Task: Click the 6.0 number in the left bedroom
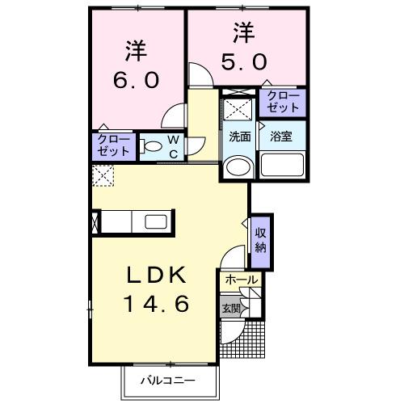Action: pos(136,81)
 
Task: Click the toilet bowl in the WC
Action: pos(151,147)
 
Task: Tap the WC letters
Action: pos(173,146)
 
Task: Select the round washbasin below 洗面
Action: pos(238,167)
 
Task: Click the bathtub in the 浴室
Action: pos(282,167)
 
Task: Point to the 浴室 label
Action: pos(282,137)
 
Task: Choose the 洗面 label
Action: pos(239,137)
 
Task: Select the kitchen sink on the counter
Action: pos(155,221)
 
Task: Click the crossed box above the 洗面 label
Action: pos(238,108)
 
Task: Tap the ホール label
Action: pos(242,280)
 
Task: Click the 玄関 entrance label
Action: pos(229,307)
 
